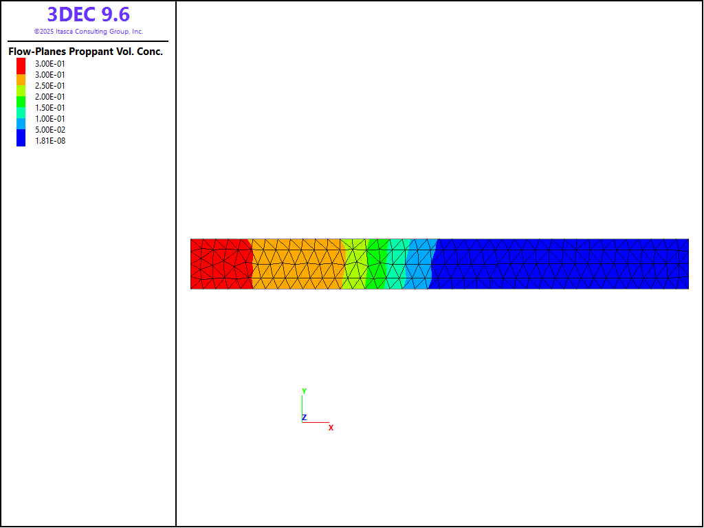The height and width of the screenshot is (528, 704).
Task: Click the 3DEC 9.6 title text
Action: (89, 14)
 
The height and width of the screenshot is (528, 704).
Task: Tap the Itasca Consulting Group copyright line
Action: (89, 32)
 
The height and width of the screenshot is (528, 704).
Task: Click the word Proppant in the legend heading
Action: (91, 52)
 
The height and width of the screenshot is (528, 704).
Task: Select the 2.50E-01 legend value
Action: (49, 86)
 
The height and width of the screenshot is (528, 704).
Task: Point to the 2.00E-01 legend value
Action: (49, 97)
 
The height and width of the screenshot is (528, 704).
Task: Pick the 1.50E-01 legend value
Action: (49, 108)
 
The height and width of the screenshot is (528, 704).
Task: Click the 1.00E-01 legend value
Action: (49, 119)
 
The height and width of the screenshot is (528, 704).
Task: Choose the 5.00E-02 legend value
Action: (49, 130)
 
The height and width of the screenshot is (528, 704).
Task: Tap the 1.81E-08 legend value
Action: (49, 141)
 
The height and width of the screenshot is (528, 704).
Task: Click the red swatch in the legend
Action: (21, 66)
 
